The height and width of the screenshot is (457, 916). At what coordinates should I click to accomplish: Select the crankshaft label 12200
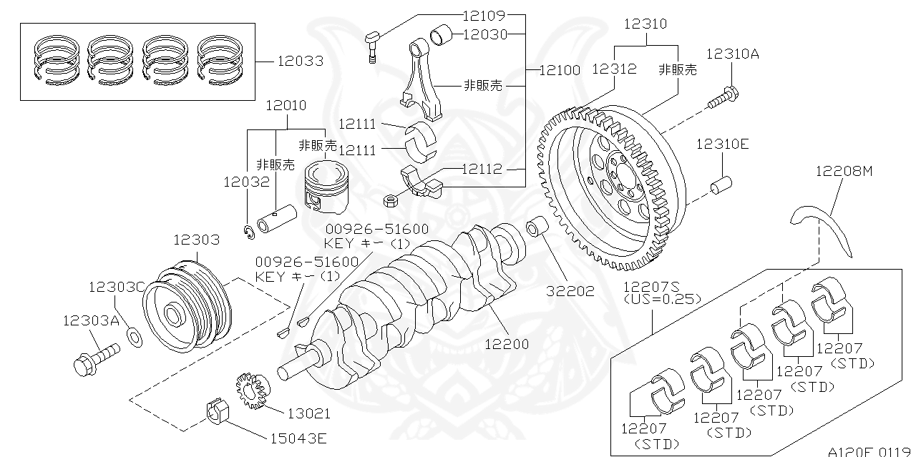506,344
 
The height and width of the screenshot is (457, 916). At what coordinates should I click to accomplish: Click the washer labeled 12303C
133,335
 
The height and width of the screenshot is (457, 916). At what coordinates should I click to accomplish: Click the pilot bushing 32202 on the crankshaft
536,228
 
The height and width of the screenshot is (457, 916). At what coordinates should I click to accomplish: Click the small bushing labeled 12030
441,34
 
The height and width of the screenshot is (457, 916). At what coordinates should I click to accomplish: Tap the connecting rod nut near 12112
391,200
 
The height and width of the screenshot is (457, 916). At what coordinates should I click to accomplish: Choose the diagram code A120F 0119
869,451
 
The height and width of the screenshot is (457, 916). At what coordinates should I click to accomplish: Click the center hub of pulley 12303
174,314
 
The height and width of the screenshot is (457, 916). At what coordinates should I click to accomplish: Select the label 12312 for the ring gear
614,69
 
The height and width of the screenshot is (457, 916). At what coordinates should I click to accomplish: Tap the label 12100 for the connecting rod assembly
560,69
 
